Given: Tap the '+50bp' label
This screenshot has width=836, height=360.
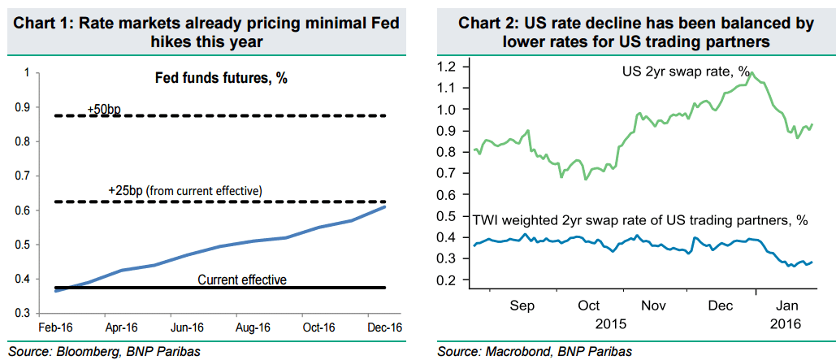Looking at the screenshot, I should tap(104, 109).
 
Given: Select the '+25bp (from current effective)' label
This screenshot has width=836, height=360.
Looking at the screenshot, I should tap(184, 190).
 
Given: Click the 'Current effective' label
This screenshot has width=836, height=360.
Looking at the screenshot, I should tap(241, 280).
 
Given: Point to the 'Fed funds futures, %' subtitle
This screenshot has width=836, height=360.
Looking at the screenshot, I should tap(222, 79).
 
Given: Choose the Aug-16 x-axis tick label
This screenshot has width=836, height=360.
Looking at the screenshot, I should tap(253, 327).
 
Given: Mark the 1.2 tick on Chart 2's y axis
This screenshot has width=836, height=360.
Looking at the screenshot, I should tap(445, 67).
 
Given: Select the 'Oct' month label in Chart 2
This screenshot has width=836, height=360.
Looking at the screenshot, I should tap(588, 306).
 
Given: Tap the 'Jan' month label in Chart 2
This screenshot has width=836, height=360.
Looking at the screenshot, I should tap(787, 306).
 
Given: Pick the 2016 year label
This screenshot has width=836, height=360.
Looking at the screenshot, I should tap(787, 323).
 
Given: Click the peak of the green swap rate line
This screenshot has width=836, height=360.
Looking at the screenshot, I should tap(752, 73).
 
